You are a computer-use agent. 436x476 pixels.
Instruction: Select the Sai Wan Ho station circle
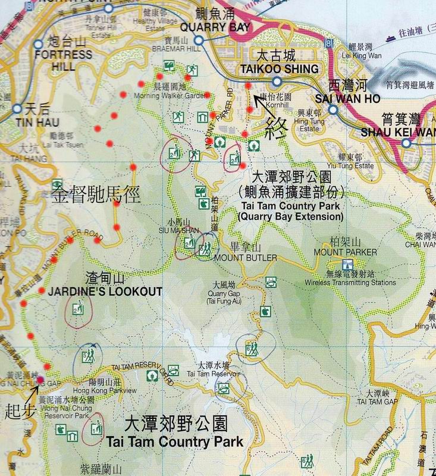click(333, 110)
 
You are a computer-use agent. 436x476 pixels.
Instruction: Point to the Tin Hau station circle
click(16, 109)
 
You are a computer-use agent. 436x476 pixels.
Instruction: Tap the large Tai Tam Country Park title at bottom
click(174, 441)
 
